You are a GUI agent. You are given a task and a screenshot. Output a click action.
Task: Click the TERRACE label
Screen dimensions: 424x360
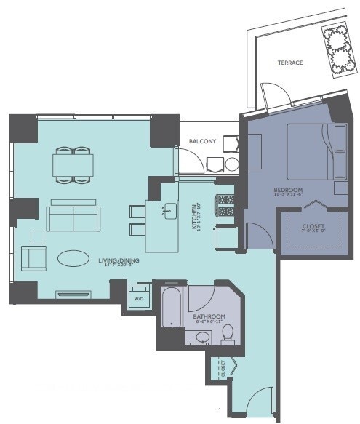[289, 63]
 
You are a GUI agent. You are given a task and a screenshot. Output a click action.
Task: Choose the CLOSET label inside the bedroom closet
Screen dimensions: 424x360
[313, 226]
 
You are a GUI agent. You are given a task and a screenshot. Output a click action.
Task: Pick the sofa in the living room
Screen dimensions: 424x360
[73, 217]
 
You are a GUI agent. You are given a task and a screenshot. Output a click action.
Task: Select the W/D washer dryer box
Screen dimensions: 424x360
[138, 297]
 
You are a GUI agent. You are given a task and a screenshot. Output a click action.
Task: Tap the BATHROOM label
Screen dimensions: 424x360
[209, 317]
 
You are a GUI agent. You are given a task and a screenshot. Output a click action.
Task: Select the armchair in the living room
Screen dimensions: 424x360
[33, 258]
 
